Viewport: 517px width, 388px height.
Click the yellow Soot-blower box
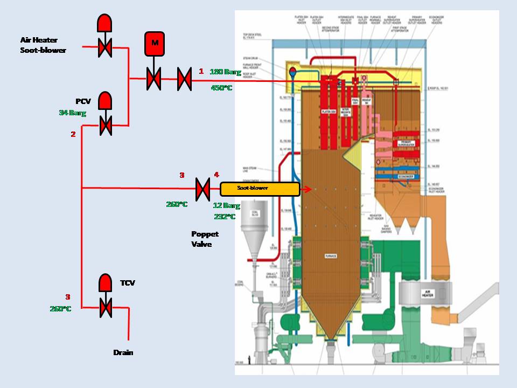tap(260, 189)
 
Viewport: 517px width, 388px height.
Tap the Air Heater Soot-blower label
tap(43, 45)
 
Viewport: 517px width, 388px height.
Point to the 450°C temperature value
tap(221, 87)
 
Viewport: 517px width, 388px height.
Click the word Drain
tap(123, 352)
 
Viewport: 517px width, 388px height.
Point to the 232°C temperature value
tap(224, 216)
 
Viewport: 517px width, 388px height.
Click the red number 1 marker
tap(201, 71)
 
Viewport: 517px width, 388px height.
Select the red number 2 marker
tap(73, 134)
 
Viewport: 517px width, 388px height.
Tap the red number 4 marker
tap(216, 175)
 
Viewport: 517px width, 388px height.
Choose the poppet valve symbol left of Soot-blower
tap(202, 189)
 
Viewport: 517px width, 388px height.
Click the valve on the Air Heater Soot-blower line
tap(104, 48)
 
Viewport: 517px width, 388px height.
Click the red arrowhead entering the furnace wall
tap(309, 189)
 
